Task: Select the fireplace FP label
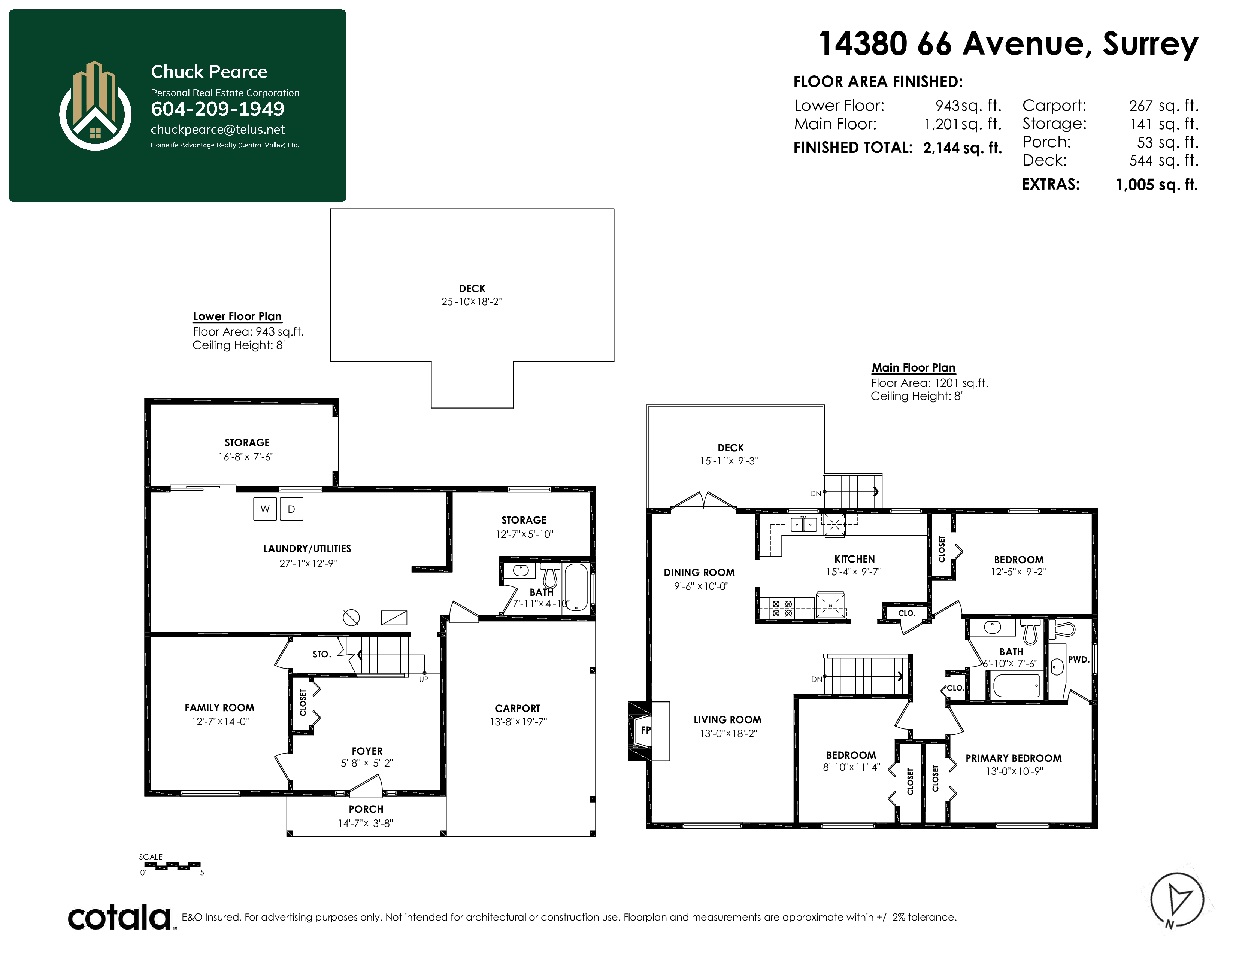click(x=646, y=730)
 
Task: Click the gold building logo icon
click(x=95, y=106)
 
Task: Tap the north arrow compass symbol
click(x=1178, y=900)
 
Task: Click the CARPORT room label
click(x=517, y=708)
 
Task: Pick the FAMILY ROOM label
click(x=219, y=708)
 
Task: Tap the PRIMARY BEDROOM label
click(x=1013, y=758)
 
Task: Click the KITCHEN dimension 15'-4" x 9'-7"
click(x=854, y=572)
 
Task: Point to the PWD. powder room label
click(x=1078, y=660)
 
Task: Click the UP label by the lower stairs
click(x=424, y=679)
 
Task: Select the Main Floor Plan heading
click(x=914, y=368)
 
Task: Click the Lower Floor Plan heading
click(x=237, y=316)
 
